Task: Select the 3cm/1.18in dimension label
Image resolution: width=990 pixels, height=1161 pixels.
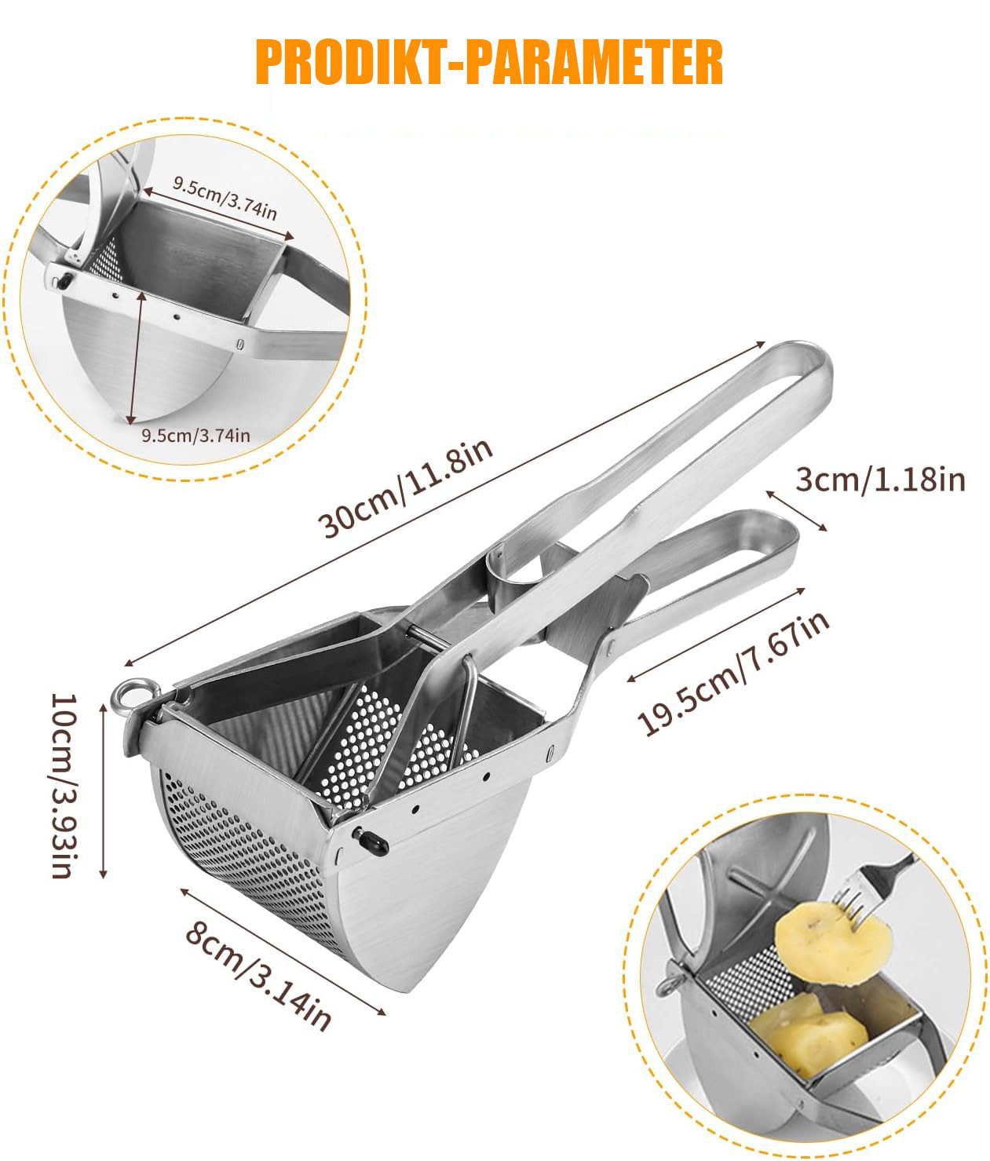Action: coord(880,480)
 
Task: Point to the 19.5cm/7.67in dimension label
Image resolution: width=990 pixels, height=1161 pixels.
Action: coord(733,674)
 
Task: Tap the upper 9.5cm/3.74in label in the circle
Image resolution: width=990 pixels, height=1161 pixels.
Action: coord(225,199)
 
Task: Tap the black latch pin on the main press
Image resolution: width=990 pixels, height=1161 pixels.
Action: coord(371,842)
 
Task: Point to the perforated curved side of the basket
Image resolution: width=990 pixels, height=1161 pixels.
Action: coord(247,860)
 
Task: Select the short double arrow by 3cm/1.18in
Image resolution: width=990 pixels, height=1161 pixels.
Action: coord(796,510)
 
